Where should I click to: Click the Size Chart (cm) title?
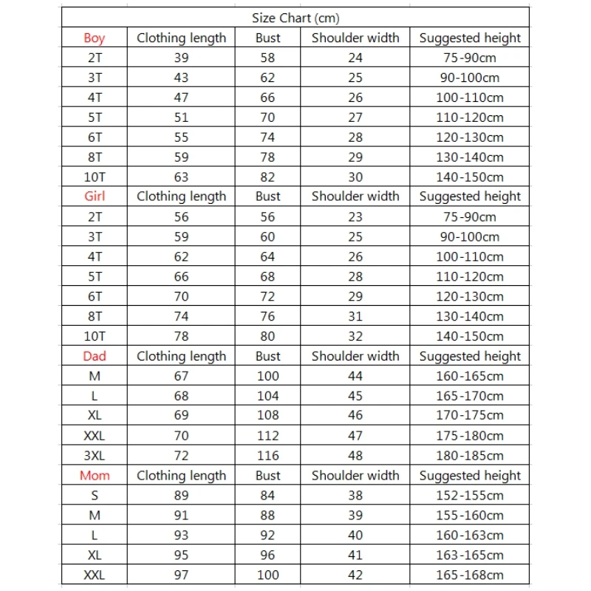pyautogui.click(x=295, y=18)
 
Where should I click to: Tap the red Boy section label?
pyautogui.click(x=95, y=38)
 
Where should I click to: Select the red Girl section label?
pyautogui.click(x=95, y=197)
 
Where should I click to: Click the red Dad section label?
pyautogui.click(x=95, y=356)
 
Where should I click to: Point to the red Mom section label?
pyautogui.click(x=95, y=476)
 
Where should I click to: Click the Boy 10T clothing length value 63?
pyautogui.click(x=181, y=177)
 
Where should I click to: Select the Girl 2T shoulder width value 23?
pyautogui.click(x=355, y=216)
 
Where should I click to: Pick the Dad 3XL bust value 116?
pyautogui.click(x=267, y=456)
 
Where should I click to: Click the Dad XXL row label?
pyautogui.click(x=95, y=436)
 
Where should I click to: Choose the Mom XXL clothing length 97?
pyautogui.click(x=181, y=575)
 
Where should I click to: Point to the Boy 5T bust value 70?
pyautogui.click(x=267, y=117)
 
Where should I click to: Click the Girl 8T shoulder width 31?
pyautogui.click(x=355, y=316)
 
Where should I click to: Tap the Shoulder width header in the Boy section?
pyautogui.click(x=355, y=38)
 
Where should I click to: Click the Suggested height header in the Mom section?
pyautogui.click(x=470, y=476)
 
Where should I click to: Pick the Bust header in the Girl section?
pyautogui.click(x=267, y=197)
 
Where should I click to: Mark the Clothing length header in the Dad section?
pyautogui.click(x=181, y=356)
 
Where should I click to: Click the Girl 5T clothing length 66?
pyautogui.click(x=181, y=276)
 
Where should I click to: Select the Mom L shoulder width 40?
pyautogui.click(x=355, y=536)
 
